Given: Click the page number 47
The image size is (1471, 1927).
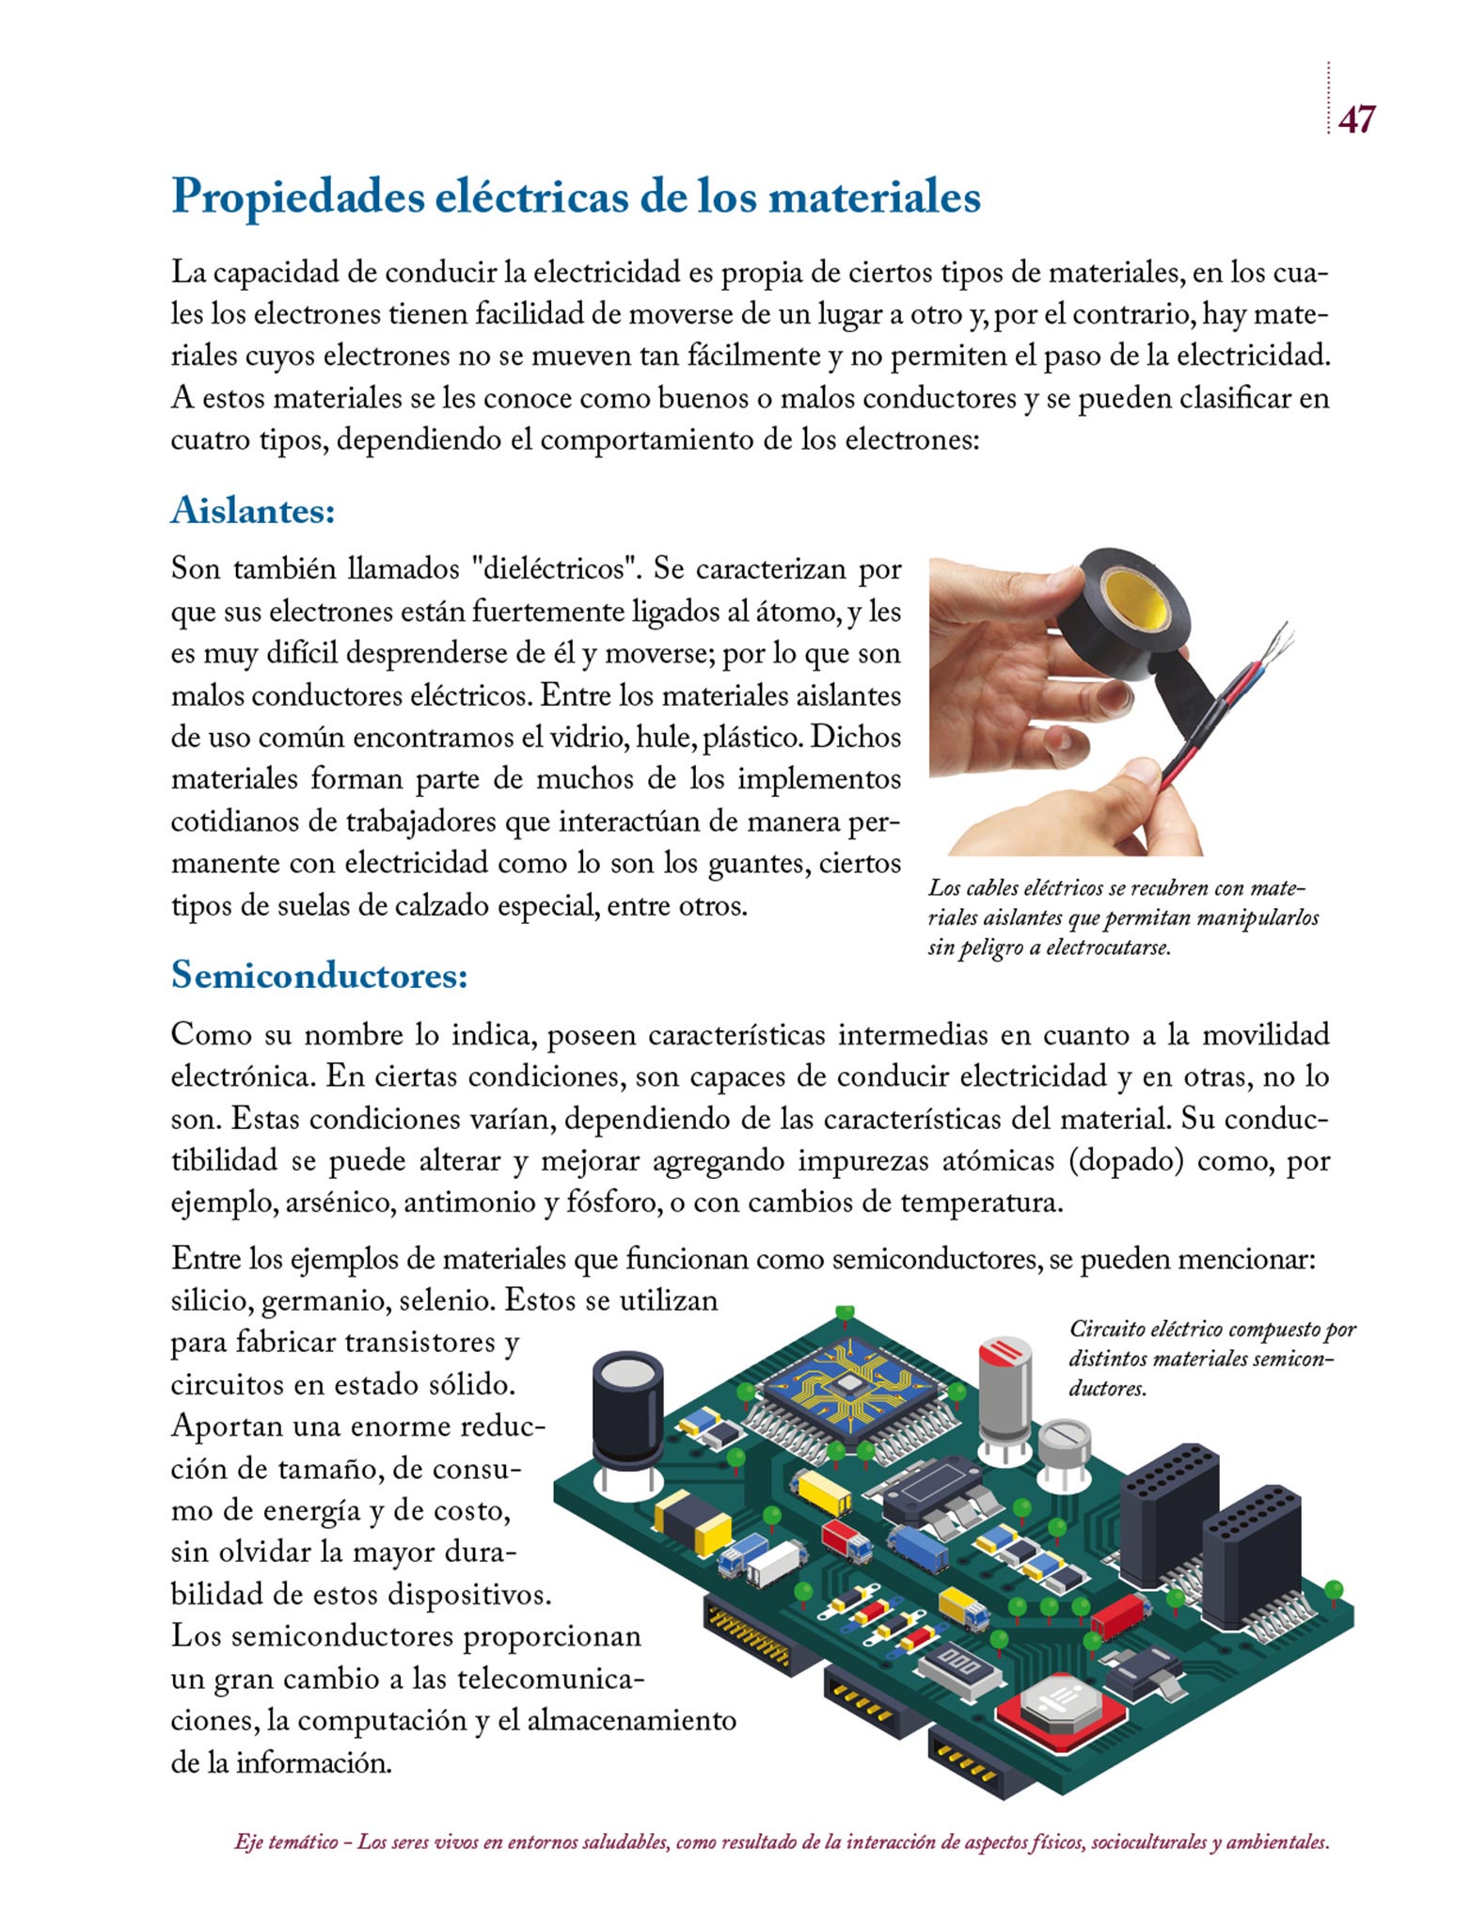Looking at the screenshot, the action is (x=1356, y=119).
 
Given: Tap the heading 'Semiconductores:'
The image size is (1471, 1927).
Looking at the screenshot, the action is (x=320, y=975).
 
